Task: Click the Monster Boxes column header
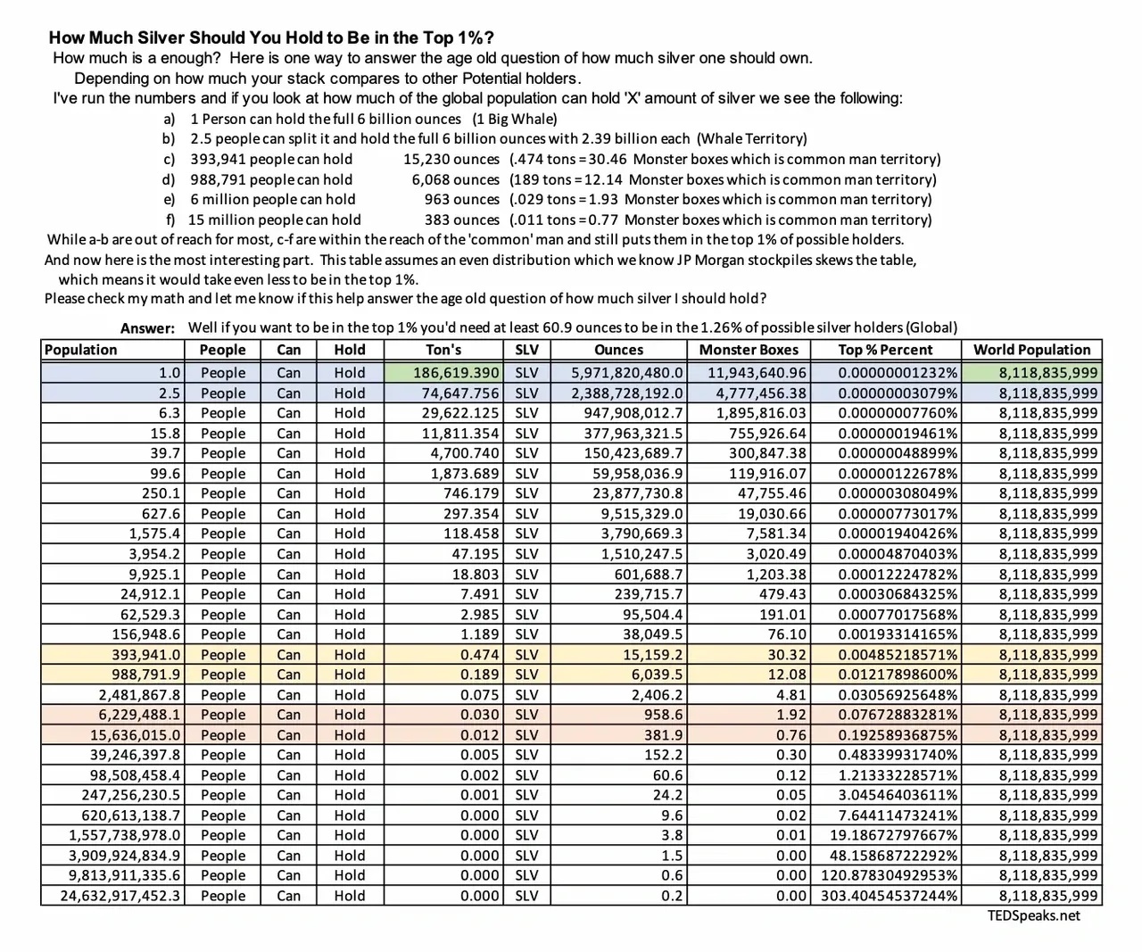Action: [749, 350]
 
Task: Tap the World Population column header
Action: [1031, 350]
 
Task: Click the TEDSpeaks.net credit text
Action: [1033, 915]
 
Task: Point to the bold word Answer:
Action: [148, 328]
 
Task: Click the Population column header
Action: [80, 350]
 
